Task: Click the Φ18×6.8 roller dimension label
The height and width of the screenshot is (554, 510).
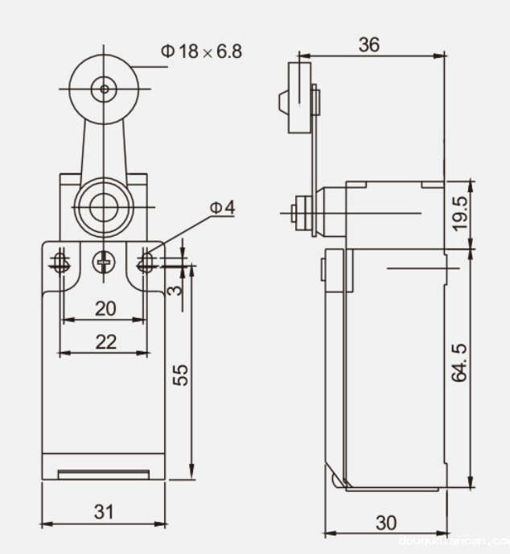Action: click(201, 51)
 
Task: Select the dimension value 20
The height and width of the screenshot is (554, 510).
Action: click(105, 308)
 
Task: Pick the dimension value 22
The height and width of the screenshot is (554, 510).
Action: click(105, 341)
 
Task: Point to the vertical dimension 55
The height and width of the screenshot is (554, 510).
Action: click(182, 374)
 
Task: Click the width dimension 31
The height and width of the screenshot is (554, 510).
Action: click(105, 511)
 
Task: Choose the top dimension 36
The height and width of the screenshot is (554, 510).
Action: click(369, 45)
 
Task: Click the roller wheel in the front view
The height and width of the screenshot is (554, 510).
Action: click(102, 88)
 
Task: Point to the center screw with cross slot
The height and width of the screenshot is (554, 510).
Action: click(103, 261)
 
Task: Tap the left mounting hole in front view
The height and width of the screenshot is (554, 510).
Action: click(61, 261)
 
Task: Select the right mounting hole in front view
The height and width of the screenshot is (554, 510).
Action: click(146, 261)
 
